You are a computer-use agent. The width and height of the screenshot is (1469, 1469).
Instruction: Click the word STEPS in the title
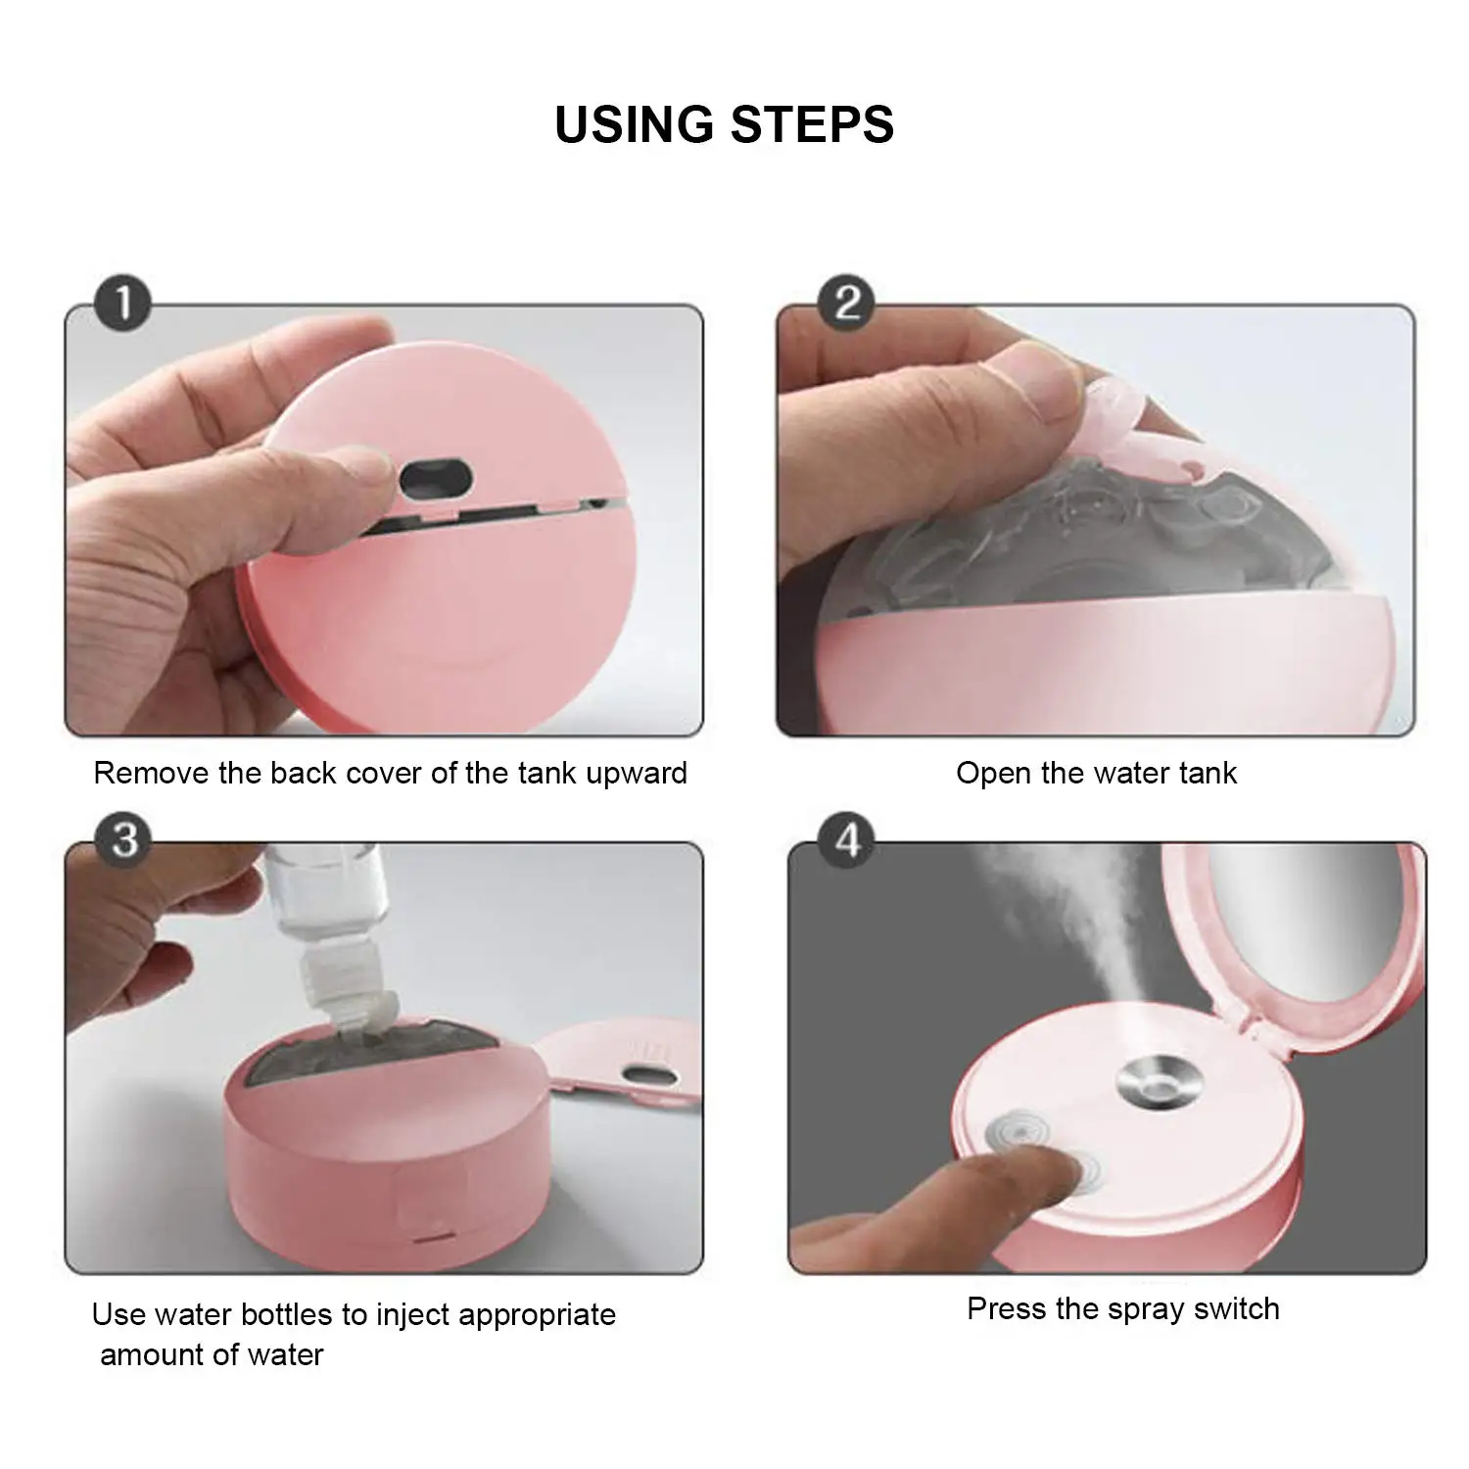812,124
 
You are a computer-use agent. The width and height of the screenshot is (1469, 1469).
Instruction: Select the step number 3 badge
124,839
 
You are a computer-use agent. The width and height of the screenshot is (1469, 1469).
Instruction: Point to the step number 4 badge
847,839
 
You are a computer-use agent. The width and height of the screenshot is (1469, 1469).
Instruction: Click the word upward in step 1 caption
637,774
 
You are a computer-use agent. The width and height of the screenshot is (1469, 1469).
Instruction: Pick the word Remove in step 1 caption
152,773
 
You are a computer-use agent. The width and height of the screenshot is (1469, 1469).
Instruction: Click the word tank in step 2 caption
1208,773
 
